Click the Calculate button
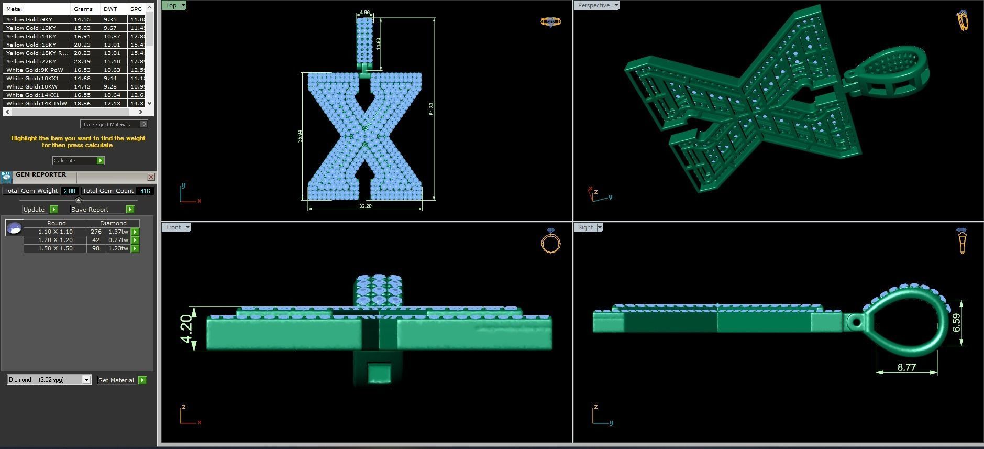click(x=78, y=160)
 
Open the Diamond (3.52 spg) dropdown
click(x=86, y=380)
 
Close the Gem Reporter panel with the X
click(x=151, y=177)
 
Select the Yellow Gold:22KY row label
click(x=31, y=61)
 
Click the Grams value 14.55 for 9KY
click(x=82, y=19)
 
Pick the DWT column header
click(x=110, y=9)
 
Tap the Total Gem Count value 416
click(x=145, y=191)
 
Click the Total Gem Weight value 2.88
click(x=69, y=191)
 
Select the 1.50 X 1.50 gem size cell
click(x=55, y=248)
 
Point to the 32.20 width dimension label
click(x=365, y=206)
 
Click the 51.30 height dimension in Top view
click(x=431, y=108)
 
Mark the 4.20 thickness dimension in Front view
click(x=186, y=328)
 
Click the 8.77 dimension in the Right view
click(x=906, y=367)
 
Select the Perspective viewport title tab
click(x=593, y=5)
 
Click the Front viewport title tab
click(x=173, y=227)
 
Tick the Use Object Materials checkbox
click(x=144, y=124)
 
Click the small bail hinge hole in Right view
click(x=855, y=322)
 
